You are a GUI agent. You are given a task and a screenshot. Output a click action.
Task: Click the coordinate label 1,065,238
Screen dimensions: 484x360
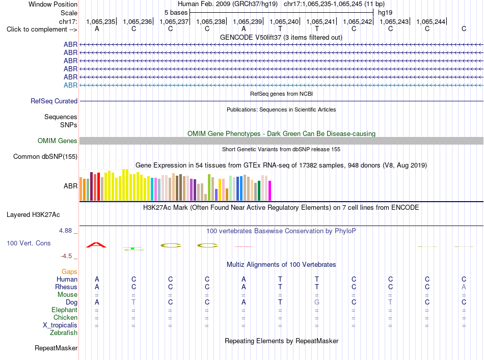[x=211, y=21]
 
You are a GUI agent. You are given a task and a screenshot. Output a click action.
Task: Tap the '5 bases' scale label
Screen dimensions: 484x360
[x=176, y=13]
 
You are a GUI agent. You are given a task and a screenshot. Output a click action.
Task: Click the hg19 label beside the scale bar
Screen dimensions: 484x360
[x=385, y=13]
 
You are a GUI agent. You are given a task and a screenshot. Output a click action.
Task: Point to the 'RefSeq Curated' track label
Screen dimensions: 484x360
[x=54, y=101]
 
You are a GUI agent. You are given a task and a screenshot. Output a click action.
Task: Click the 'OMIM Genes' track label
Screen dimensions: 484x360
[x=58, y=141]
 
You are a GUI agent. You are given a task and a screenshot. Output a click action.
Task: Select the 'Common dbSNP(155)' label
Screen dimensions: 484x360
[x=45, y=157]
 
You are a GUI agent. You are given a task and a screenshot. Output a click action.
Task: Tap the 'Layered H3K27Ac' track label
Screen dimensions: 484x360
[x=33, y=215]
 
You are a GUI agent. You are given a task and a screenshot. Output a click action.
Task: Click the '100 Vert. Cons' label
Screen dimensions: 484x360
[x=29, y=243]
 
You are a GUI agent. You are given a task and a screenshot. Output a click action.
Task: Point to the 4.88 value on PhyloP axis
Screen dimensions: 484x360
[x=65, y=231]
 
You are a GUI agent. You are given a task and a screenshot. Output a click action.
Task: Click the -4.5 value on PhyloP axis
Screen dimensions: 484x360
[x=66, y=256]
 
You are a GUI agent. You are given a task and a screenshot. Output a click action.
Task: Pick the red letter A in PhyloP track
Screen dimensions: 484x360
[x=96, y=245]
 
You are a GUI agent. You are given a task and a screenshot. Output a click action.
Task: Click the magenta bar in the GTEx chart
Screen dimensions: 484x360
[x=270, y=190]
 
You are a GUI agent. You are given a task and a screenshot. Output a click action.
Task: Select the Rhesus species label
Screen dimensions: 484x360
[x=66, y=287]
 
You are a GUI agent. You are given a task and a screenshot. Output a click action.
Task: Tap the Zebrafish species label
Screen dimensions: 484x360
[x=64, y=333]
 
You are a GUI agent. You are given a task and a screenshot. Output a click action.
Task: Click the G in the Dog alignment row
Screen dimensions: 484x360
[x=317, y=302]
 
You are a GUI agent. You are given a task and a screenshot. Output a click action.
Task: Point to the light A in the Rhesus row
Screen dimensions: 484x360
[x=464, y=287]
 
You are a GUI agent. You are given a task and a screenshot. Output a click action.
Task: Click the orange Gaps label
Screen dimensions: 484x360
[x=69, y=272]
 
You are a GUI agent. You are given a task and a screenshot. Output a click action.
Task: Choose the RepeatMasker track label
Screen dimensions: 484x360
[x=56, y=348]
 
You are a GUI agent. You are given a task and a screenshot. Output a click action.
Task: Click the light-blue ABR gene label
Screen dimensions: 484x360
[x=71, y=85]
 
